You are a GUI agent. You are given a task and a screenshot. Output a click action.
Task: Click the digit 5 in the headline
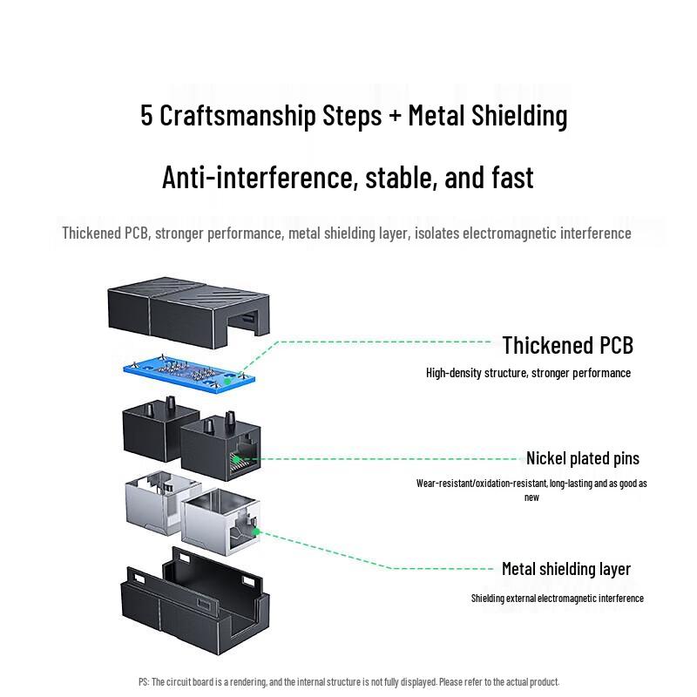[146, 116]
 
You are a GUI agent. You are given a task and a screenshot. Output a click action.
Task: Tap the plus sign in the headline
[396, 116]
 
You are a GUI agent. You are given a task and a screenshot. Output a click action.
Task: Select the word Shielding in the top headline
[519, 116]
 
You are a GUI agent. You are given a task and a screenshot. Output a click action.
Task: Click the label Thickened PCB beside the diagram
[567, 345]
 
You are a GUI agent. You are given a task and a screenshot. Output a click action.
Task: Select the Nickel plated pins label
[582, 458]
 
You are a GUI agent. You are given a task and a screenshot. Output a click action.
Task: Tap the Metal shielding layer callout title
[565, 569]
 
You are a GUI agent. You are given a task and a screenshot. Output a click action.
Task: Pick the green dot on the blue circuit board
[227, 380]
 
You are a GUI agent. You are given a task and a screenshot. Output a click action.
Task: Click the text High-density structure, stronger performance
[528, 373]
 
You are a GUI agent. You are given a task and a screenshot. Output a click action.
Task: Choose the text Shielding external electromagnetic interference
[557, 598]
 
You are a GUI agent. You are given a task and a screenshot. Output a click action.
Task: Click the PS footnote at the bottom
[348, 681]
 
